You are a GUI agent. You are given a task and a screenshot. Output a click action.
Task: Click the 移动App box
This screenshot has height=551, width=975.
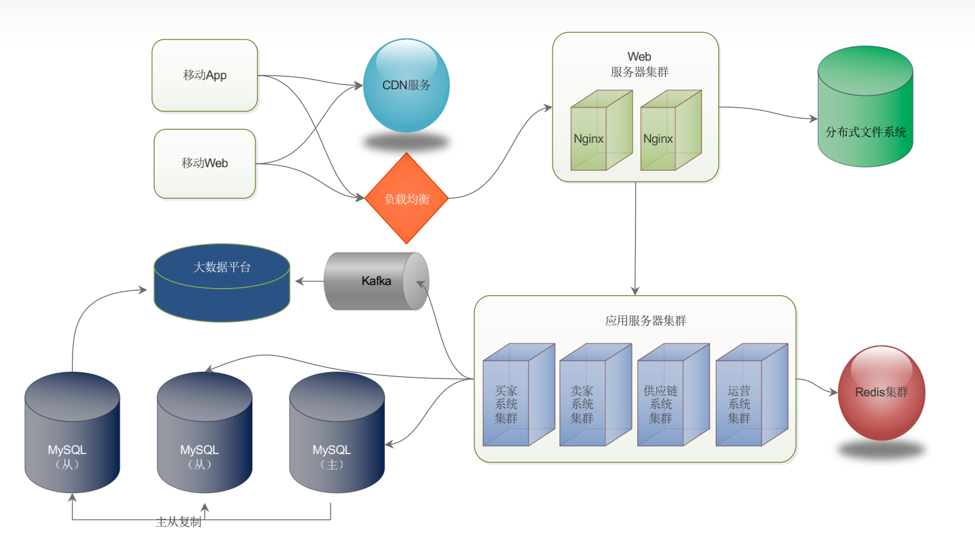pyautogui.click(x=205, y=76)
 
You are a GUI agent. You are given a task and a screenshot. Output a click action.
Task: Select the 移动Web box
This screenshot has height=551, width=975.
pyautogui.click(x=205, y=164)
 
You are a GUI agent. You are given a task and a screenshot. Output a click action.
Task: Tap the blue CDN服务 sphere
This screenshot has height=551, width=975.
pyautogui.click(x=406, y=86)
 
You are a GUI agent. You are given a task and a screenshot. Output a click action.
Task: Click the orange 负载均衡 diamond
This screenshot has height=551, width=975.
pyautogui.click(x=407, y=199)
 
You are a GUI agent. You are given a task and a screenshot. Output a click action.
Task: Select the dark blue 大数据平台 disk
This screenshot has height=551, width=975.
pyautogui.click(x=222, y=283)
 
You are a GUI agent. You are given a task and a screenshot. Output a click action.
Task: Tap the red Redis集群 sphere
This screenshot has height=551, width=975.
pyautogui.click(x=881, y=393)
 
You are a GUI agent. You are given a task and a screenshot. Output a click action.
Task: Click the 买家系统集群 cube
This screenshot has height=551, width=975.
pyautogui.click(x=518, y=396)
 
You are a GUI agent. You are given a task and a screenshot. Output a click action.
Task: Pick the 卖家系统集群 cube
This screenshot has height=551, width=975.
pyautogui.click(x=595, y=396)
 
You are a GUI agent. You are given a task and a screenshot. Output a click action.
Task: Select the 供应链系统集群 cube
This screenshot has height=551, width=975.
pyautogui.click(x=672, y=396)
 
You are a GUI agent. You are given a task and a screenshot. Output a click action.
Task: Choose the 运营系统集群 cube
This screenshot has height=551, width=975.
pyautogui.click(x=751, y=396)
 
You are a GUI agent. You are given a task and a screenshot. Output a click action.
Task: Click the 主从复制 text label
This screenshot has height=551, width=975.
pyautogui.click(x=178, y=522)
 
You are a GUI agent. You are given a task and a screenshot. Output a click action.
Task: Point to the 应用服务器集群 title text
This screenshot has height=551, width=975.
pyautogui.click(x=646, y=321)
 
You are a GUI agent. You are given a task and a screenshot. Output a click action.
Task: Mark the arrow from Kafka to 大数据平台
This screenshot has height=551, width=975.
pyautogui.click(x=309, y=281)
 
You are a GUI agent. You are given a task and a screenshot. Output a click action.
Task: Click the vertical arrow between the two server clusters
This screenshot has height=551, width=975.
pyautogui.click(x=636, y=238)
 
